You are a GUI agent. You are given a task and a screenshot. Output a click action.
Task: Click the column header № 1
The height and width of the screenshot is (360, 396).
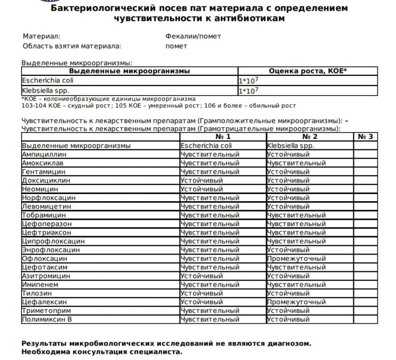(223, 137)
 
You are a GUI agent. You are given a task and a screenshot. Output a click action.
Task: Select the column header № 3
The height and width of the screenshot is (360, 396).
(365, 137)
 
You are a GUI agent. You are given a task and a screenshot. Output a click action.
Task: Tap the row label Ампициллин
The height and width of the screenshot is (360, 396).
(44, 155)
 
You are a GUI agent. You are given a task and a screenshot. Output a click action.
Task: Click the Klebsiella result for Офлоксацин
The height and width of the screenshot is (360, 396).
(296, 259)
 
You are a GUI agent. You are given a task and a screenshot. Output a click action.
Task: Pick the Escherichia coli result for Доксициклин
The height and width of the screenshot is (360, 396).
(201, 180)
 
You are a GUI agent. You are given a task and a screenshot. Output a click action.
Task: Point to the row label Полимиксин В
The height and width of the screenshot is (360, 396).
(47, 319)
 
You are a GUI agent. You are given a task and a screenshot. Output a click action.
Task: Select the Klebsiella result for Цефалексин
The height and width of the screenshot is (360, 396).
(296, 302)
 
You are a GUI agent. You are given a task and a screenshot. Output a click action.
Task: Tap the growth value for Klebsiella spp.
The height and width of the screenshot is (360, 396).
(250, 90)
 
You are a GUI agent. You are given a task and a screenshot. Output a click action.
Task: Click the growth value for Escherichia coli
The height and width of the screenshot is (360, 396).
(250, 81)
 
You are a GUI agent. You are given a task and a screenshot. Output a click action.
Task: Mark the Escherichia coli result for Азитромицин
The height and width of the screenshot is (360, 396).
(201, 276)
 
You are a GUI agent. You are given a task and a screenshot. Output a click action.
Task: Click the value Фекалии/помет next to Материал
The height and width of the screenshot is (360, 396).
(193, 36)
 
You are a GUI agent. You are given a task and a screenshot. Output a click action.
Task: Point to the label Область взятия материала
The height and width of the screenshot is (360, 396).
(72, 47)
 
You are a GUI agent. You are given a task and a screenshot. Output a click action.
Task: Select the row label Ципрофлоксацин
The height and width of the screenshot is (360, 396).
(53, 241)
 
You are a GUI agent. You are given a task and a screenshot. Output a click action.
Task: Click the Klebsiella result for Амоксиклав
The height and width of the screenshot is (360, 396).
(296, 163)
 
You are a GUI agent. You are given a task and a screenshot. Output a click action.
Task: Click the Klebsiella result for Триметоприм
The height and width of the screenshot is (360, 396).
(288, 311)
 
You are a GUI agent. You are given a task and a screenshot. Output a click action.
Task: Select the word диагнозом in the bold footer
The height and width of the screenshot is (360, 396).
(288, 344)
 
